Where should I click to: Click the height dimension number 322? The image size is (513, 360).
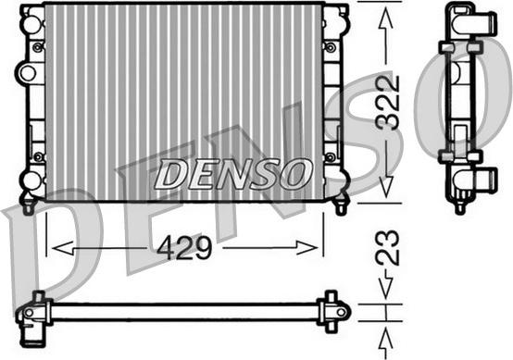click(x=388, y=102)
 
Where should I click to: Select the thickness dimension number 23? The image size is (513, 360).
click(x=388, y=247)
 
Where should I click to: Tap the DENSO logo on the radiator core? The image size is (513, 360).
click(x=233, y=174)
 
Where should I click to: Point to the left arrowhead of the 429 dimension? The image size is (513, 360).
click(x=63, y=248)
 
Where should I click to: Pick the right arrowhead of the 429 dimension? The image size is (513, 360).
click(x=307, y=248)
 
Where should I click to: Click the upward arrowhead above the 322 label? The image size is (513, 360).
click(x=386, y=20)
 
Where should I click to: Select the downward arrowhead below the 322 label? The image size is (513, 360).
click(x=386, y=187)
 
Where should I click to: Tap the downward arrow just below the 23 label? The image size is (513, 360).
click(x=386, y=284)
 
